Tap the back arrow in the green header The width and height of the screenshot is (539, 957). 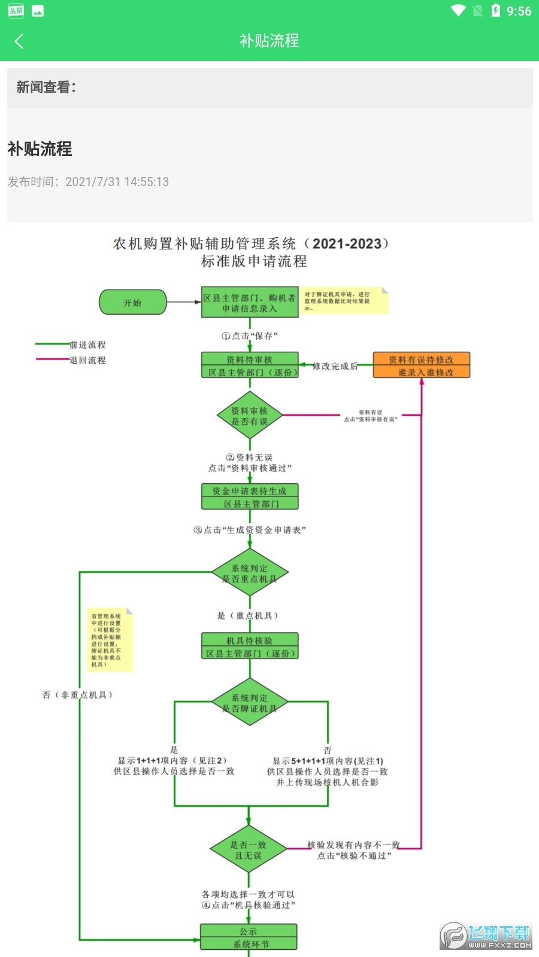coord(19,41)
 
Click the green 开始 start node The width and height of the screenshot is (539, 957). coord(132,303)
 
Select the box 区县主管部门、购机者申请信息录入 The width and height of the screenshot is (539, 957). coord(250,303)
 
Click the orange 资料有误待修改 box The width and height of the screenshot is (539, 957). coord(421,365)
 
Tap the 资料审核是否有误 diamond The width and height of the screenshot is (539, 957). coord(250,416)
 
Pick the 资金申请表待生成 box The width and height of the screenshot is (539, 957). coord(250,497)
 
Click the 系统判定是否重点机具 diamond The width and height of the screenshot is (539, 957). coord(250,573)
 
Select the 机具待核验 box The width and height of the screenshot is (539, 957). coord(250,647)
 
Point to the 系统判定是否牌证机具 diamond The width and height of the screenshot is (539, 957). coord(250,703)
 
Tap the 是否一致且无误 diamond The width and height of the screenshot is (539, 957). coord(249,850)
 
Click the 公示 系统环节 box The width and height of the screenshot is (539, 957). coord(249,937)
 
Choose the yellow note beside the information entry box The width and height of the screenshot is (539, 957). coord(344,301)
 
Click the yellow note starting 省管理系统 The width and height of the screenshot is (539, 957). coord(109,640)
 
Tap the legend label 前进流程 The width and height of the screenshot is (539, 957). coord(87,345)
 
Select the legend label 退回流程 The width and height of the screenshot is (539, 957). coord(87,360)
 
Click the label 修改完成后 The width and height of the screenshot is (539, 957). coord(335,366)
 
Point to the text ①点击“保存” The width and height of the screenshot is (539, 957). coord(250,336)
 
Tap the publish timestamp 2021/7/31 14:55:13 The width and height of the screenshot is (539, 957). coord(117,182)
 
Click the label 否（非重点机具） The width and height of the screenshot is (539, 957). coord(78,695)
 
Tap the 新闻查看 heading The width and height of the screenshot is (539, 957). coord(46,87)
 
